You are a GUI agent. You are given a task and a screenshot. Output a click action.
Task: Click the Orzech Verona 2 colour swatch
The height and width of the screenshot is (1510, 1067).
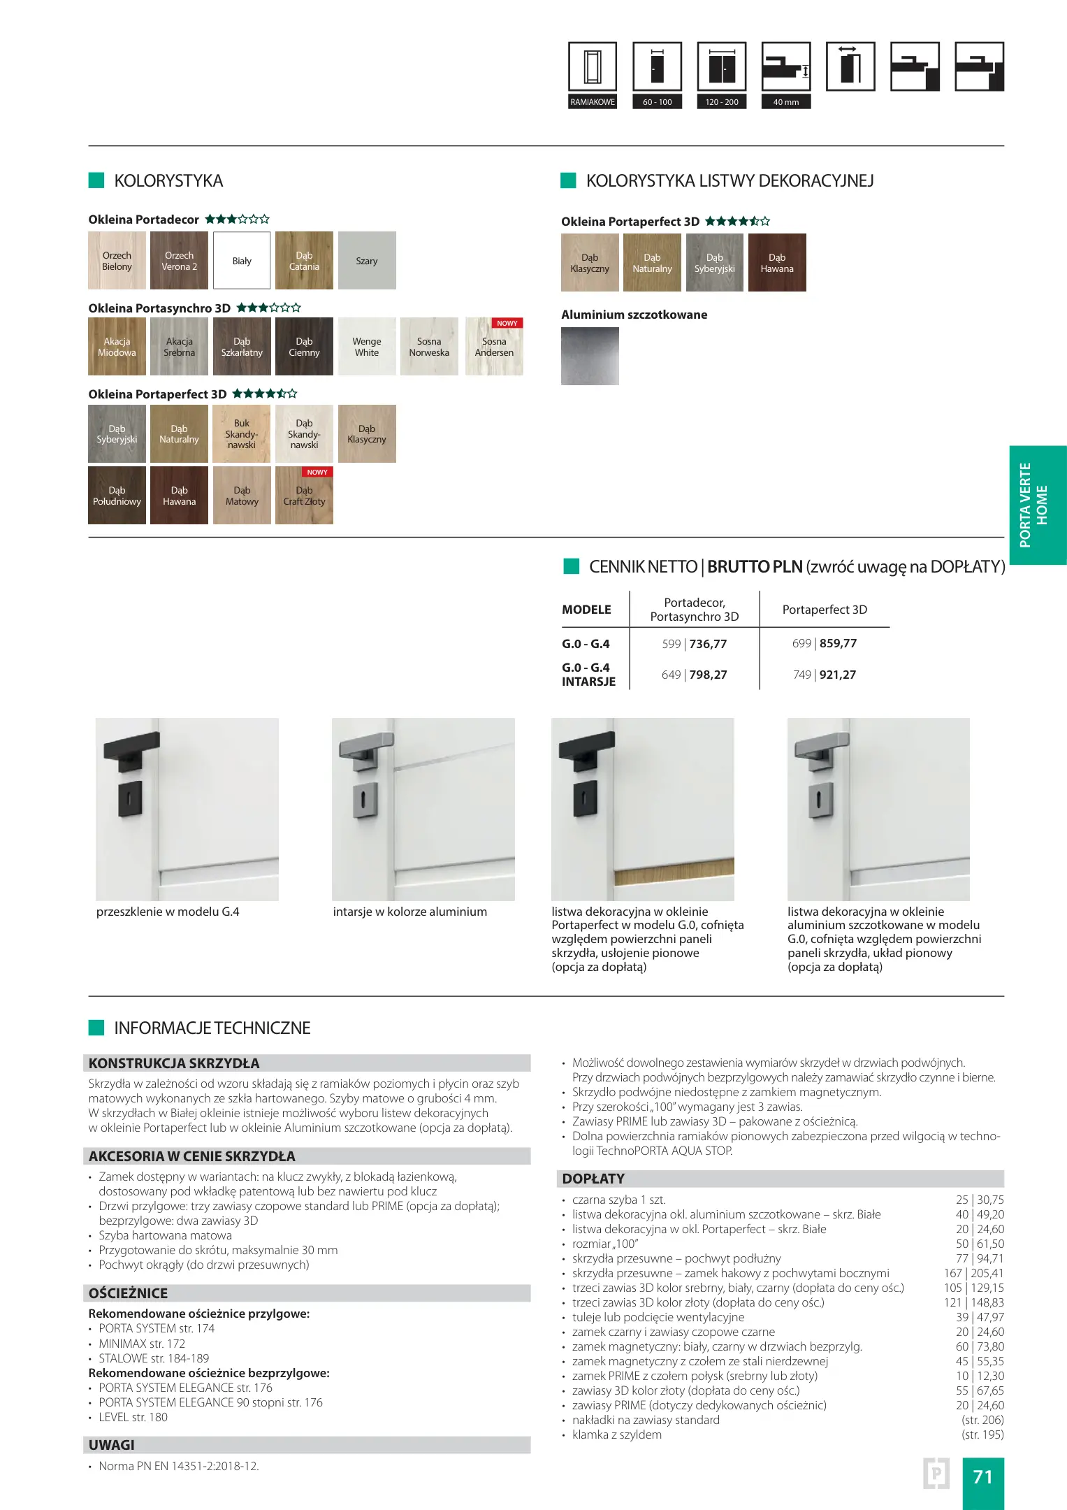coord(179,261)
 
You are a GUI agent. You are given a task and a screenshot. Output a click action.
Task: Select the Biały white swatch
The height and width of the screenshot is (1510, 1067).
coord(242,261)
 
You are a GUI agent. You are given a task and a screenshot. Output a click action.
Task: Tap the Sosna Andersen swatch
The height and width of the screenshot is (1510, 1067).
coord(494,347)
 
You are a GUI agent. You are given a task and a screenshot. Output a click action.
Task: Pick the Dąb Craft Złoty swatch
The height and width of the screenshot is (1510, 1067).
coord(304,496)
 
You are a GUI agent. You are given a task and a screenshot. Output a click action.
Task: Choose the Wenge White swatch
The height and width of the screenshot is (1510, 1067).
coord(367,347)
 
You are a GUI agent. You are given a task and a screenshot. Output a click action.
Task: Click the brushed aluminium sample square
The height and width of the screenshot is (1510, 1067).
coord(590,356)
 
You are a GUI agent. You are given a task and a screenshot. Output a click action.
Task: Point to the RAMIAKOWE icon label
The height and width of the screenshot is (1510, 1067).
coord(593,102)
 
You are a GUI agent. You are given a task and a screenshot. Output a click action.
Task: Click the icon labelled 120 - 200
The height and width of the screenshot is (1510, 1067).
coord(722,67)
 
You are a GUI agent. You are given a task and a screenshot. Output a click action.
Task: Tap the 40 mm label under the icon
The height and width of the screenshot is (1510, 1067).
coord(786,102)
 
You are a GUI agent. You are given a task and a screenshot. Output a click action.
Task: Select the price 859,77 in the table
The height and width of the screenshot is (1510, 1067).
coord(838,643)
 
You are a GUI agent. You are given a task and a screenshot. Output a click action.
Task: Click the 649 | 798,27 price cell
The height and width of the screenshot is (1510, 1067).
coord(694,675)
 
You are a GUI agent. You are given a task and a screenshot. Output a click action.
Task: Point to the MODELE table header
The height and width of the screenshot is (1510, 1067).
coord(586,610)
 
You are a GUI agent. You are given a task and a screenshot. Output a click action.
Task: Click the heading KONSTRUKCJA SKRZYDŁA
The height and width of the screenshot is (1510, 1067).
coord(174,1063)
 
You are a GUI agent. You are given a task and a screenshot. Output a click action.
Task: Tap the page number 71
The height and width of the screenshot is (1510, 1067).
coord(982,1476)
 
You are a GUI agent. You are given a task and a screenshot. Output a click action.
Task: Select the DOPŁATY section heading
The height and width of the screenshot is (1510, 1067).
coord(593,1179)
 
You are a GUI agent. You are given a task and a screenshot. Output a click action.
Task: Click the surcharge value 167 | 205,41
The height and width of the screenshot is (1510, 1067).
coord(973,1273)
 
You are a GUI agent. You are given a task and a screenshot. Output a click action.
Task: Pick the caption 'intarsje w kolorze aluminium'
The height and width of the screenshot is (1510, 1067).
coord(409,912)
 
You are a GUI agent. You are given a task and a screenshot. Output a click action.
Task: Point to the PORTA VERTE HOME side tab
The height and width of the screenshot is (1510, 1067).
coord(1037,505)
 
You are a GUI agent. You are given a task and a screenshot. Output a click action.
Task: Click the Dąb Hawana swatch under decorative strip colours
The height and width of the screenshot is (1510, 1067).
coord(777,263)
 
